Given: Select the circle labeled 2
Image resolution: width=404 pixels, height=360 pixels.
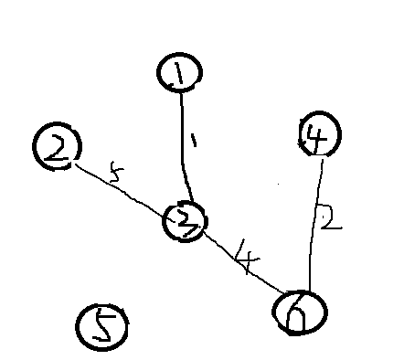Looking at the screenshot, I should click(57, 146).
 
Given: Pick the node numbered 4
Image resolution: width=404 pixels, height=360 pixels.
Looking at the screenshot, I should click(320, 135).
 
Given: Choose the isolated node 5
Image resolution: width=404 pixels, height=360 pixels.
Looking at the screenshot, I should click(101, 327).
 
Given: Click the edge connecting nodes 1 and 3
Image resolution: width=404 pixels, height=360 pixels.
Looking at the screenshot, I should click(183, 146).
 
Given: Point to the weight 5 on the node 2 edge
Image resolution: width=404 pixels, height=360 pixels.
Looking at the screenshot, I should click(114, 173).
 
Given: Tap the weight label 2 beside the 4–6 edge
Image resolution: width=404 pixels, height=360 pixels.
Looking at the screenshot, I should click(330, 217).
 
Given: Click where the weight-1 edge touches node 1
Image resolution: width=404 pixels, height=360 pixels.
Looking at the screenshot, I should click(180, 92).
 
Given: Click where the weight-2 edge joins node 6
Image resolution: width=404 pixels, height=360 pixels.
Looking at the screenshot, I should click(308, 290).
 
